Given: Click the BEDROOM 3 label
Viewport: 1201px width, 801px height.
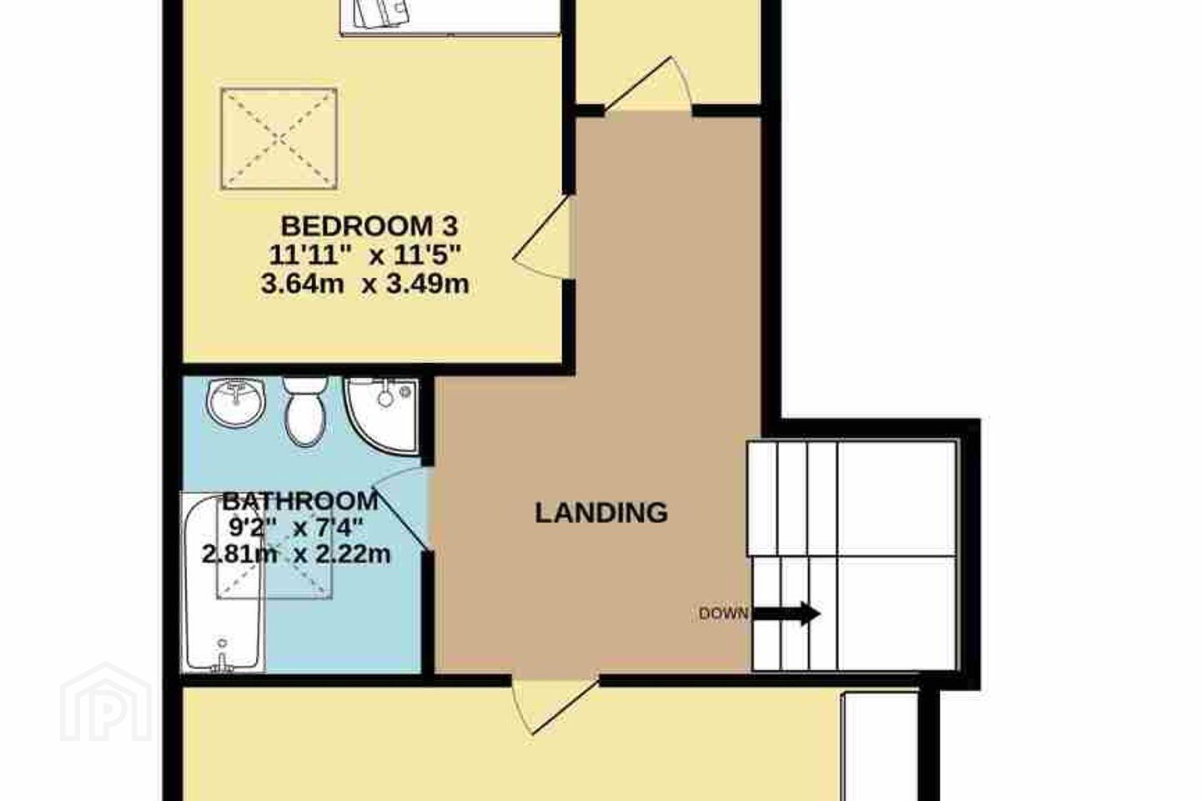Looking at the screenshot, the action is tap(369, 226).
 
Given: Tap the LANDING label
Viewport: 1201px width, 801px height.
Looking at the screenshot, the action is tap(601, 513).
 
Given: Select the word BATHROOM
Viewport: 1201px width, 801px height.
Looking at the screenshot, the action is tap(300, 501).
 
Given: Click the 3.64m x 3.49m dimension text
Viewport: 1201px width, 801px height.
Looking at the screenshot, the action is tap(365, 284).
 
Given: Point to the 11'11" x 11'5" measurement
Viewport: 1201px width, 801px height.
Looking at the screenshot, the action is tap(365, 254).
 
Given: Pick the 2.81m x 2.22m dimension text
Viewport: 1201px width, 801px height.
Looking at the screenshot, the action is tap(297, 554).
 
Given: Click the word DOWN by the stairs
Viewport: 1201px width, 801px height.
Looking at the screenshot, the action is tap(723, 613).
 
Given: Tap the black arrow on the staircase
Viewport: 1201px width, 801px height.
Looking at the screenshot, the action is tap(786, 613).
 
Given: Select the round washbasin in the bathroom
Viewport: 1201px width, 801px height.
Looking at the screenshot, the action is tap(236, 404).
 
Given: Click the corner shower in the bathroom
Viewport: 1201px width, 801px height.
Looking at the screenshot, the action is tap(382, 416).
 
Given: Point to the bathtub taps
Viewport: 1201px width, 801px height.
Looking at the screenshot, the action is tap(223, 664).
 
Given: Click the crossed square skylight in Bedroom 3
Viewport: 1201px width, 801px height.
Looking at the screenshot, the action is tap(279, 139).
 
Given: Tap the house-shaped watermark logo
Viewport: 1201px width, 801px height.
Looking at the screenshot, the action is tap(106, 702).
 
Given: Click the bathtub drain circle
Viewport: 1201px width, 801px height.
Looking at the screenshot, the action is tap(222, 642).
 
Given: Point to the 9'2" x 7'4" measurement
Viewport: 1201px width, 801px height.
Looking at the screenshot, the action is tap(296, 528).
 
